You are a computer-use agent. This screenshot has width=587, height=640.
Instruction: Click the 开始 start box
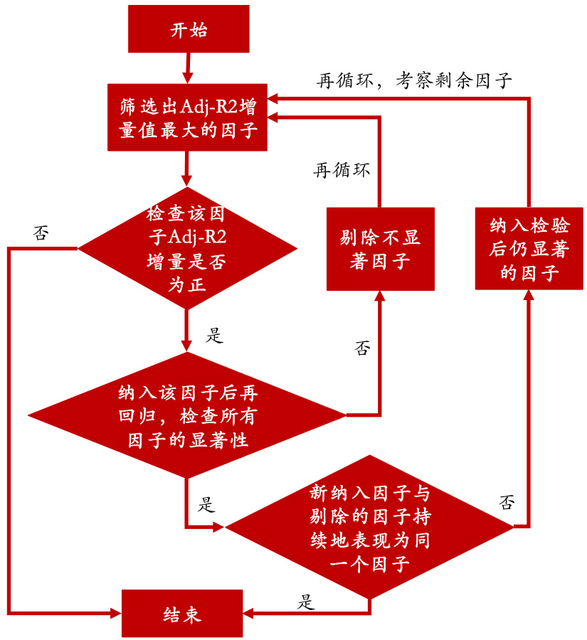pos(189,29)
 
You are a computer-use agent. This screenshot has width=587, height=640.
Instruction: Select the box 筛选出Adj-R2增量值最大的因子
pos(187,118)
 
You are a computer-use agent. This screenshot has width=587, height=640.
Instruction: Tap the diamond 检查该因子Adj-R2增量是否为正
pos(187,249)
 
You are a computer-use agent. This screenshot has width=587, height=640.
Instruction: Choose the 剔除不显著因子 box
pos(380,248)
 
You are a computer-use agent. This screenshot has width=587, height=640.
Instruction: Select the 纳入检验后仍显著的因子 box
pos(529,248)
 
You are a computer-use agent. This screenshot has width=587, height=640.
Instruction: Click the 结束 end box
pos(181,612)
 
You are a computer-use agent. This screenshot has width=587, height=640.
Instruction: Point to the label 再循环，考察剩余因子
pos(414,80)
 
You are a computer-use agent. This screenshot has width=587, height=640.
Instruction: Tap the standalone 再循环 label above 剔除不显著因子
pos(342,171)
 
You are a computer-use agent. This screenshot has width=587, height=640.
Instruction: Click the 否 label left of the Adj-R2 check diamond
pos(41,234)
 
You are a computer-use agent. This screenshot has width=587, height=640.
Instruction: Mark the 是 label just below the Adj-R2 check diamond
pos(213,335)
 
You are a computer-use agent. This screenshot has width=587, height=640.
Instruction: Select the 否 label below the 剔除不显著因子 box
pos(362,348)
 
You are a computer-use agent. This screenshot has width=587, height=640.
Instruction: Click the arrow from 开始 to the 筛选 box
pos(188,68)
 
